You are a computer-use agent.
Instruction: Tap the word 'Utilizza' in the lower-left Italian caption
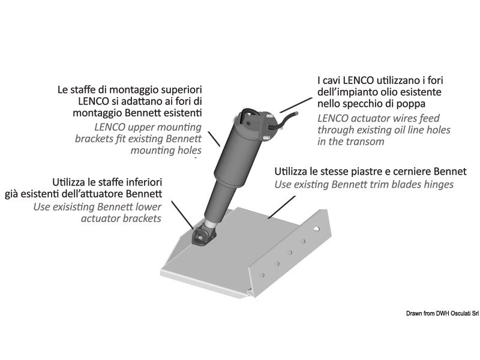click(x=73, y=181)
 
